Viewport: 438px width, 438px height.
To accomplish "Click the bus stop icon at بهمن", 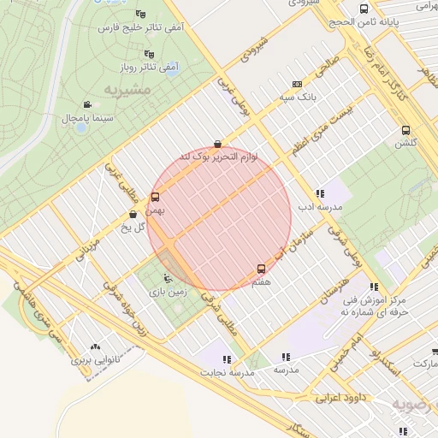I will pos(154,198).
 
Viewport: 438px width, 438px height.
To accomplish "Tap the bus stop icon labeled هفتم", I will pos(261,269).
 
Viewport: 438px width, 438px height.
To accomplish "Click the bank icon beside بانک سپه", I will pos(297,85).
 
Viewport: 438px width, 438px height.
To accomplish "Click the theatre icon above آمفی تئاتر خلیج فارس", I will pos(140,15).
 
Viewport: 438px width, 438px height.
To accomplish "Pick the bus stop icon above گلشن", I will pos(405,131).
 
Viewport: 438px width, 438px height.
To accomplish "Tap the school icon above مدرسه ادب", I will pos(320,194).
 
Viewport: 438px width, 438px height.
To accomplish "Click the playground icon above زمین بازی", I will pos(168,279).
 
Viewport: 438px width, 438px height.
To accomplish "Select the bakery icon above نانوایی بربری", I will pos(95,347).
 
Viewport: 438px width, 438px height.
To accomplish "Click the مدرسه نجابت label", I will pos(227,372).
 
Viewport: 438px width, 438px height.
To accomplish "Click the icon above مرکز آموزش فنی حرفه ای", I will pos(373,287).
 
